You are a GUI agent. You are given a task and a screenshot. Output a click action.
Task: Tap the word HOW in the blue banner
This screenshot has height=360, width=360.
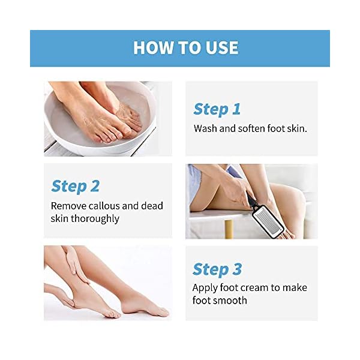149,48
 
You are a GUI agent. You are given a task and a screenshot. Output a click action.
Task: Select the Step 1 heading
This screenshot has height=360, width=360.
217,109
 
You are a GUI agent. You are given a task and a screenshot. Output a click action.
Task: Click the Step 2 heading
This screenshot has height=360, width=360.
76,186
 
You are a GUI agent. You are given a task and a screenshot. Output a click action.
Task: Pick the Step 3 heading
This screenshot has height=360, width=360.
217,269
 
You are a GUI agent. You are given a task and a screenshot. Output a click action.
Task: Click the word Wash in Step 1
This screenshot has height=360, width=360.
205,128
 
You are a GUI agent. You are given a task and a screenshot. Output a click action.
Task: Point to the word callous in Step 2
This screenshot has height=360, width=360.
106,206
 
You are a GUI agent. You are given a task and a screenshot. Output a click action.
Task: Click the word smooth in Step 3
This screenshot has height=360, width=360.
230,300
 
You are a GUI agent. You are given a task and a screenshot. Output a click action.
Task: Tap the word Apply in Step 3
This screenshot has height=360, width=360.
205,288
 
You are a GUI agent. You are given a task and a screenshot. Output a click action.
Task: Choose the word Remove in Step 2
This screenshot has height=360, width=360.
68,206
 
